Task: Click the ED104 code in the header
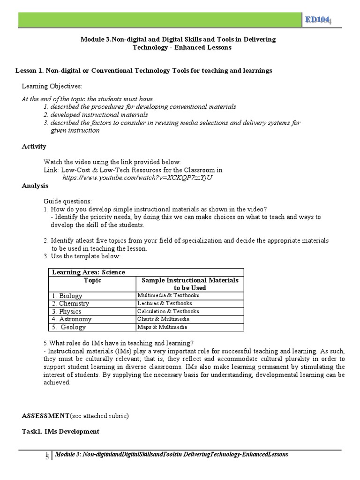tap(317, 19)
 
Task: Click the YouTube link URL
tap(135, 178)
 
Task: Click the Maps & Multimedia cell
tap(162, 327)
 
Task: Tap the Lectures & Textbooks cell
tap(165, 303)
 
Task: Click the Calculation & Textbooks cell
tap(168, 311)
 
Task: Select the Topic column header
tap(92, 280)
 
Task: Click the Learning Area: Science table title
tap(89, 272)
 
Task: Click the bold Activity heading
tap(34, 146)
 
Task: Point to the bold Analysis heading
tap(35, 186)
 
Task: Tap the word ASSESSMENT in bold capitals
tap(45, 416)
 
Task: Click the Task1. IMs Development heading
tap(60, 431)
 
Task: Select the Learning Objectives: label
tap(52, 87)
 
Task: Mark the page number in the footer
tap(47, 455)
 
